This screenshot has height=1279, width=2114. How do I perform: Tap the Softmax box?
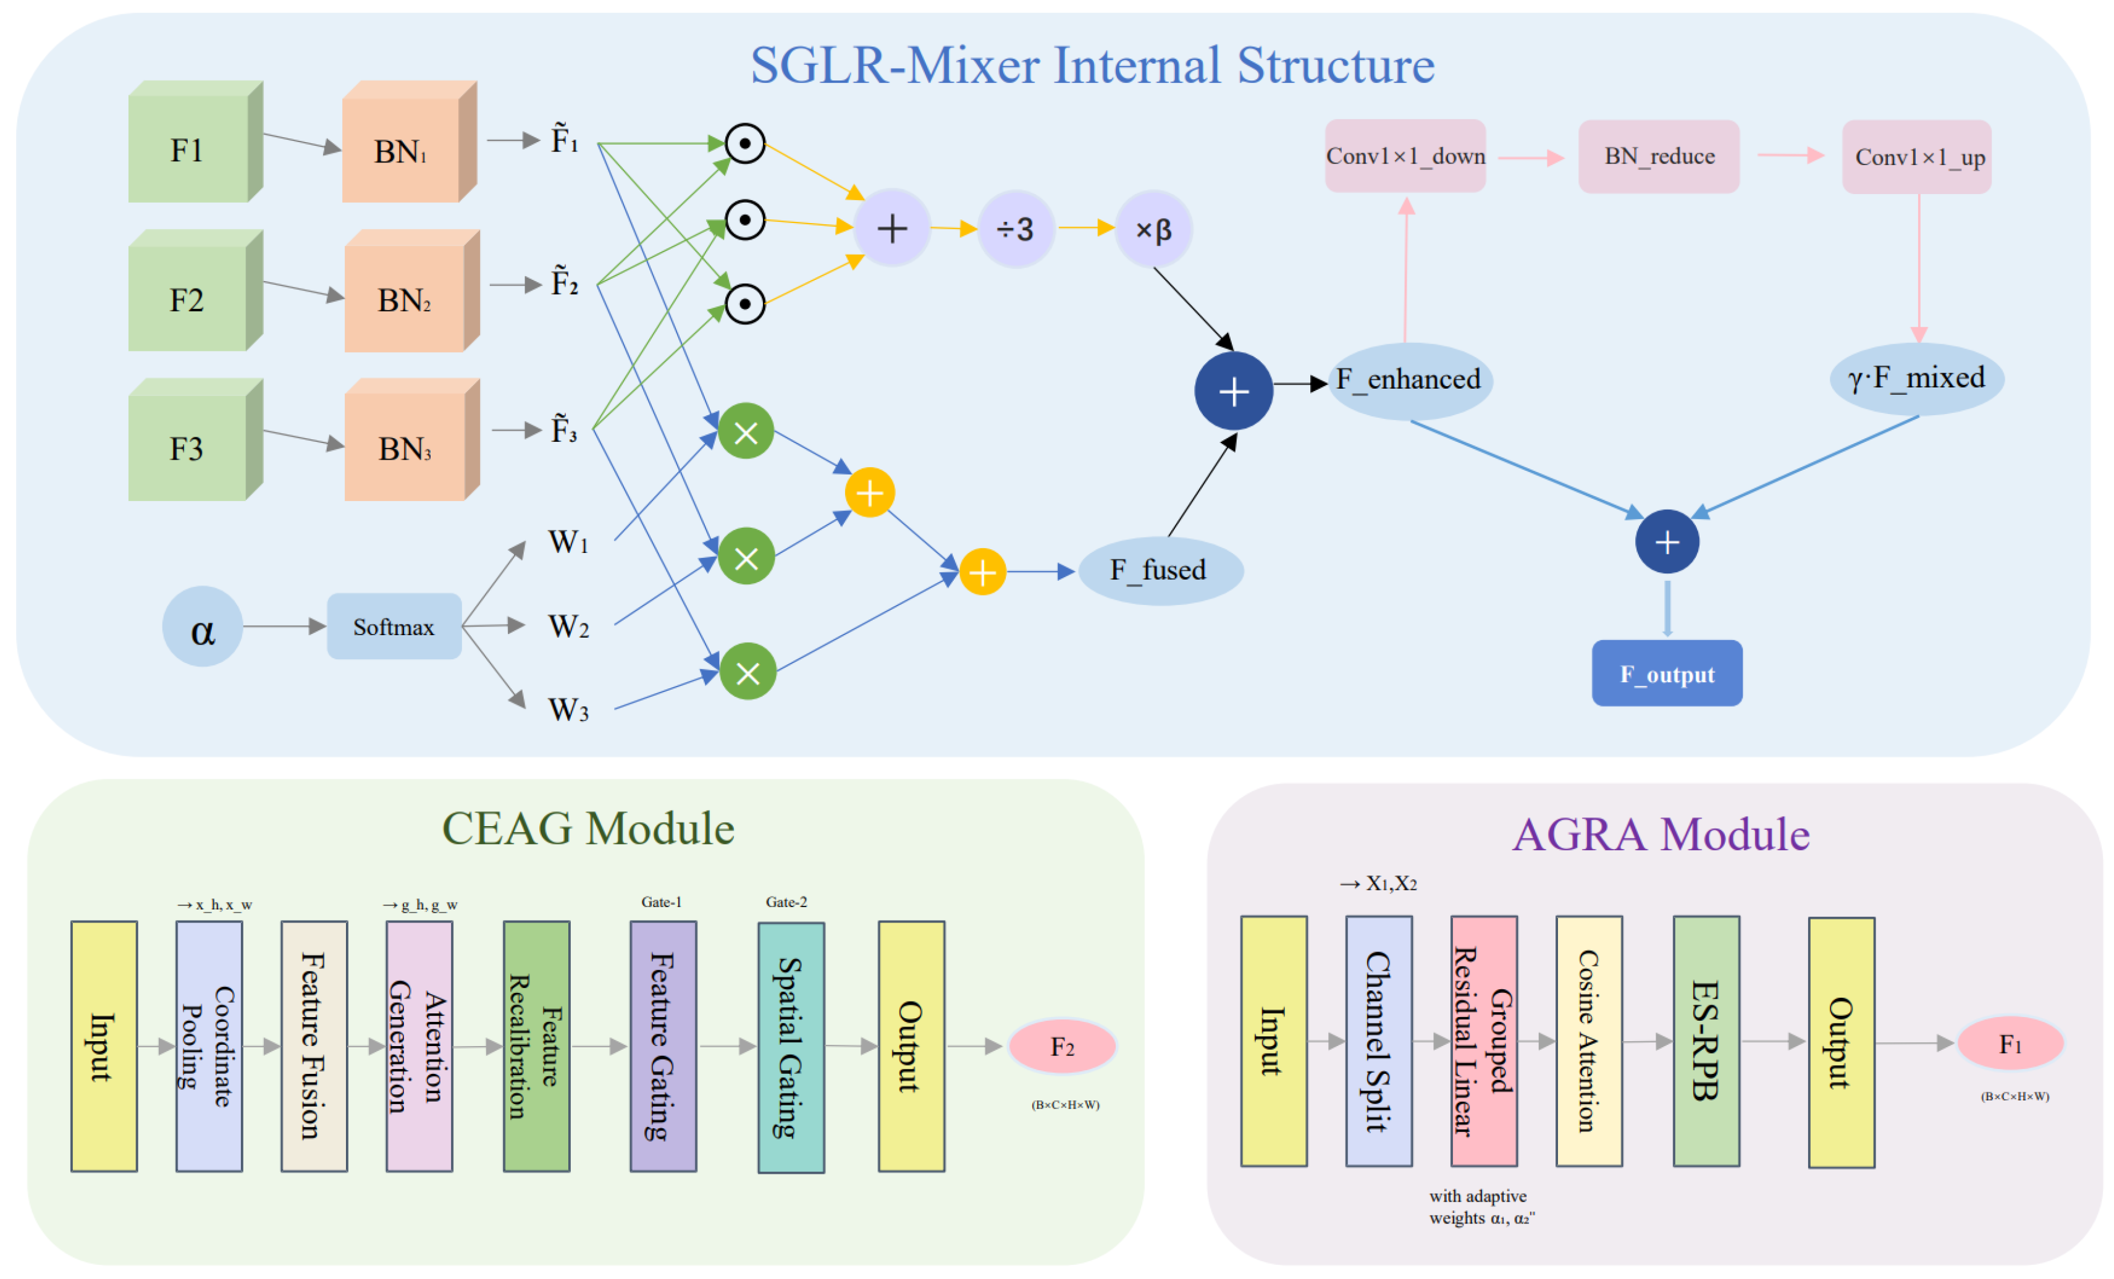tap(394, 627)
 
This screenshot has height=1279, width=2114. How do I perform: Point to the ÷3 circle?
tap(1016, 229)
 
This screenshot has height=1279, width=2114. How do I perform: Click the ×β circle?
tap(1153, 229)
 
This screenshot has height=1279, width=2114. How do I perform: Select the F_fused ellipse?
tap(1160, 570)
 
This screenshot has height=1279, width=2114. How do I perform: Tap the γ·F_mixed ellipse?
tap(1917, 378)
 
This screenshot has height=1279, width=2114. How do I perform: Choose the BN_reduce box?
tap(1659, 156)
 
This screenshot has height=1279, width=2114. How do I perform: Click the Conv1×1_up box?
tap(1918, 157)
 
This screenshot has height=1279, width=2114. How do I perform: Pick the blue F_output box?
tap(1666, 674)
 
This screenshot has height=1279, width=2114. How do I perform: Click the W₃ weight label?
tap(568, 709)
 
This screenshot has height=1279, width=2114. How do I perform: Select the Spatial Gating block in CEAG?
tap(790, 1047)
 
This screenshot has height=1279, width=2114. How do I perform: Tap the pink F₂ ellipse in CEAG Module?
tap(1062, 1047)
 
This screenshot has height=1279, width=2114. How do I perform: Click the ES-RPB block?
tap(1706, 1041)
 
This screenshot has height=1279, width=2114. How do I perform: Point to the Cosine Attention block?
tap(1588, 1041)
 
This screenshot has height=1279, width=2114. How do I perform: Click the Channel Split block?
tap(1378, 1041)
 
